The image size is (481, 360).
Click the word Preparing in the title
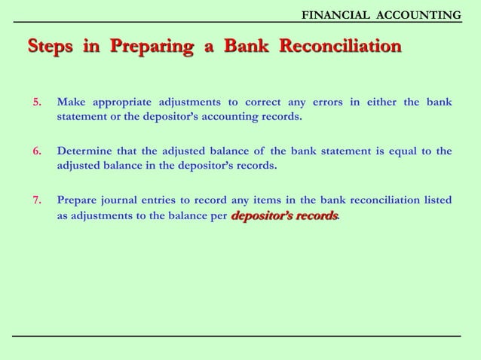point(151,47)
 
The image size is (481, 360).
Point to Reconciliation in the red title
point(340,47)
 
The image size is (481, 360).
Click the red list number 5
point(36,102)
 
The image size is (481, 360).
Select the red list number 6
point(36,151)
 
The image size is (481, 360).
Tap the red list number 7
point(36,200)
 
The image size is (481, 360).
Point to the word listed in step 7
point(436,200)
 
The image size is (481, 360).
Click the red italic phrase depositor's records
point(284,216)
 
